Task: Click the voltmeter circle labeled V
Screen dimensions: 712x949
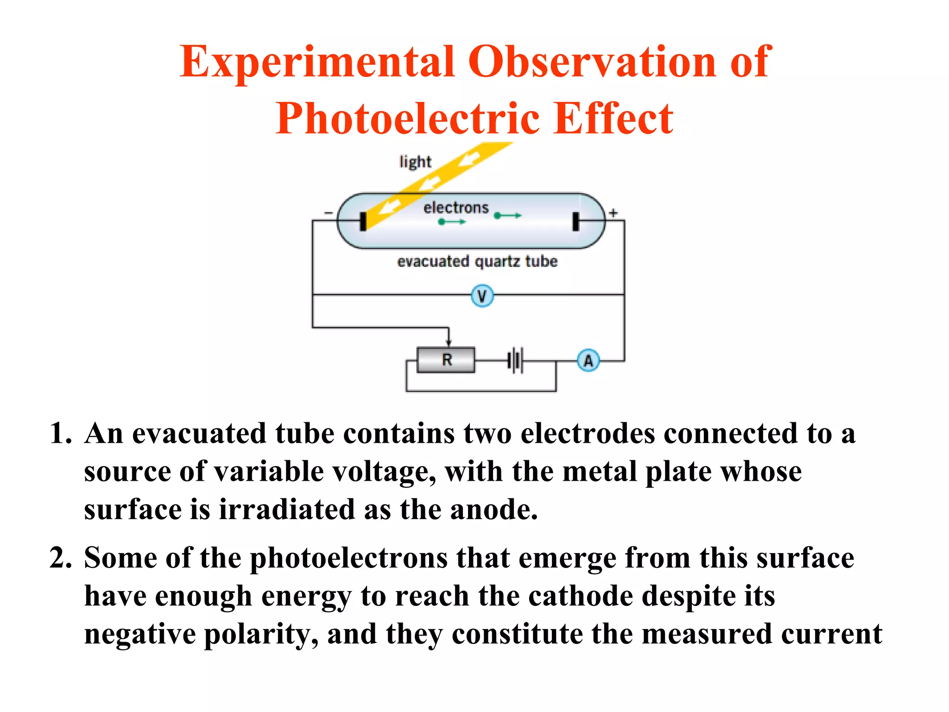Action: click(482, 296)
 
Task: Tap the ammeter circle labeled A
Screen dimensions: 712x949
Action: click(588, 360)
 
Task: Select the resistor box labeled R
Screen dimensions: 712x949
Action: click(446, 360)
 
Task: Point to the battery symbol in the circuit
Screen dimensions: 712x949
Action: click(515, 360)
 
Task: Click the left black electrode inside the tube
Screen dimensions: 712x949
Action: click(363, 221)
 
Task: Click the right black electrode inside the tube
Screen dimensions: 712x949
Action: click(576, 221)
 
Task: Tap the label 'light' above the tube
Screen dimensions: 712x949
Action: click(415, 162)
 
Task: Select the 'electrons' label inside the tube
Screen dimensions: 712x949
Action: click(456, 208)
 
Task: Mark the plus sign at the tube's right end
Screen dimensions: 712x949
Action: click(613, 213)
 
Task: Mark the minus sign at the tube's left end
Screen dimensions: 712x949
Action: click(328, 213)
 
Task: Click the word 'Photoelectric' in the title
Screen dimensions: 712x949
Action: click(408, 119)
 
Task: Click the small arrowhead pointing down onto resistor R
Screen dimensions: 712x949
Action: click(449, 342)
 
